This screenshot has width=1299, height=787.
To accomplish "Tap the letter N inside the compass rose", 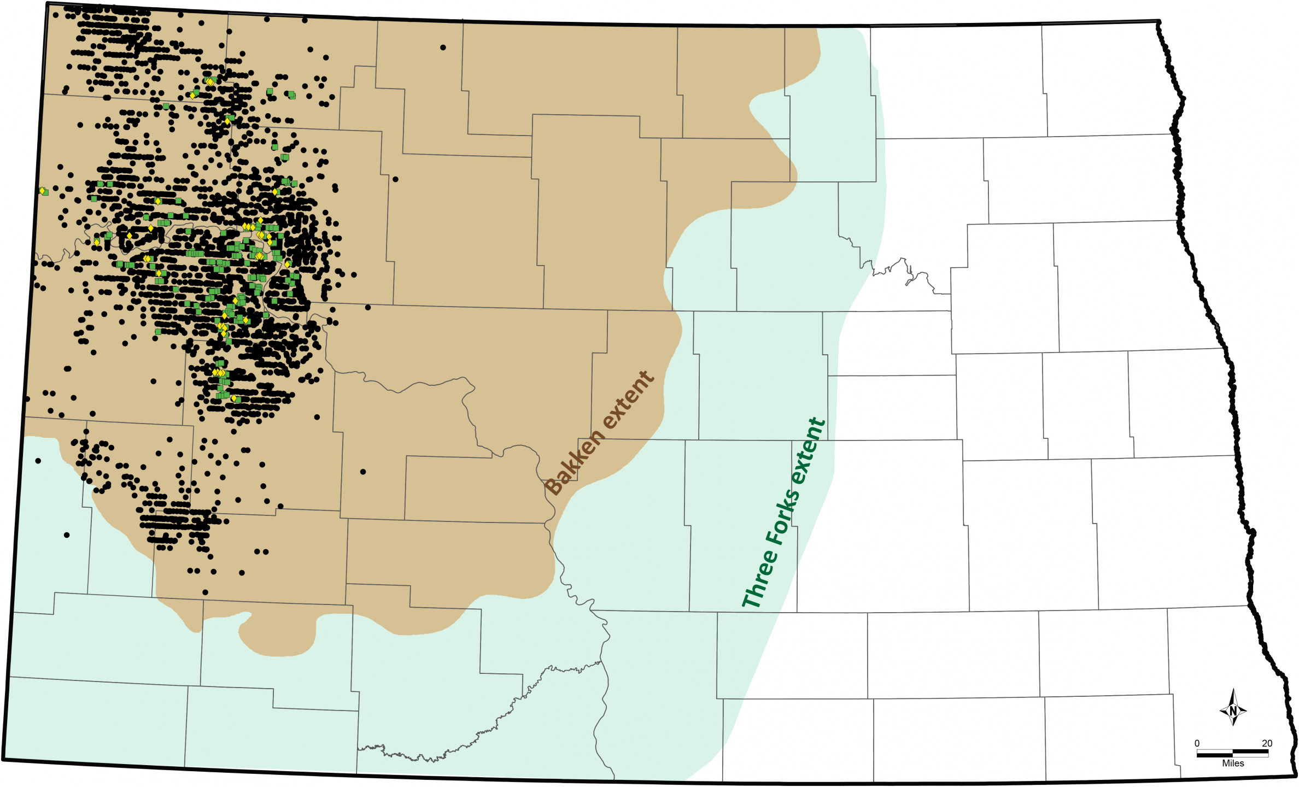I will coord(1233,711).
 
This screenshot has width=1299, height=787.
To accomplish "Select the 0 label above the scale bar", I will coord(1197,743).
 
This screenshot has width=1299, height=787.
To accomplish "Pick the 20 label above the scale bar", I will coord(1267,743).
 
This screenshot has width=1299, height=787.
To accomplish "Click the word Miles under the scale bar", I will coord(1233,763).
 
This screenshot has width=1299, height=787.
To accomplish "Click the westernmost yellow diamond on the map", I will coord(42,191).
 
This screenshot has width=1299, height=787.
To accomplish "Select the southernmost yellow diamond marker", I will coord(233,398).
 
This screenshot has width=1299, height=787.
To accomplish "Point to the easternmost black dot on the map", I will coord(443,48).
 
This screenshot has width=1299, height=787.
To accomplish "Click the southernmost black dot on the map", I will coord(205,592).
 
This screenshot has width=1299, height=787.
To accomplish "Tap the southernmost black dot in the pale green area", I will coord(67,535).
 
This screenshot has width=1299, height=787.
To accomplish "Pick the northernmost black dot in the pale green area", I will coord(38,461).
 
